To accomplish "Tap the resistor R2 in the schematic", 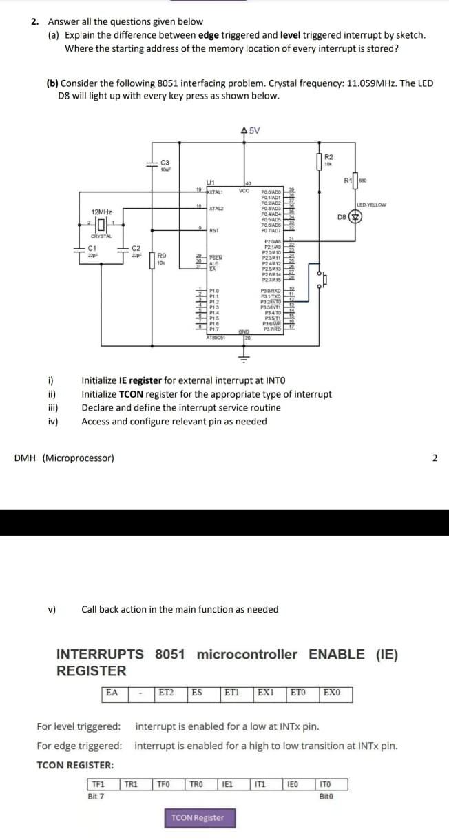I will click(x=319, y=162).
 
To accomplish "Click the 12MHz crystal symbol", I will click(x=101, y=225).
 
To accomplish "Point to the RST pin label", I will click(x=213, y=230).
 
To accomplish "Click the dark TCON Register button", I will click(x=198, y=818).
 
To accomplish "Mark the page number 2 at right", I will click(x=434, y=458).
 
